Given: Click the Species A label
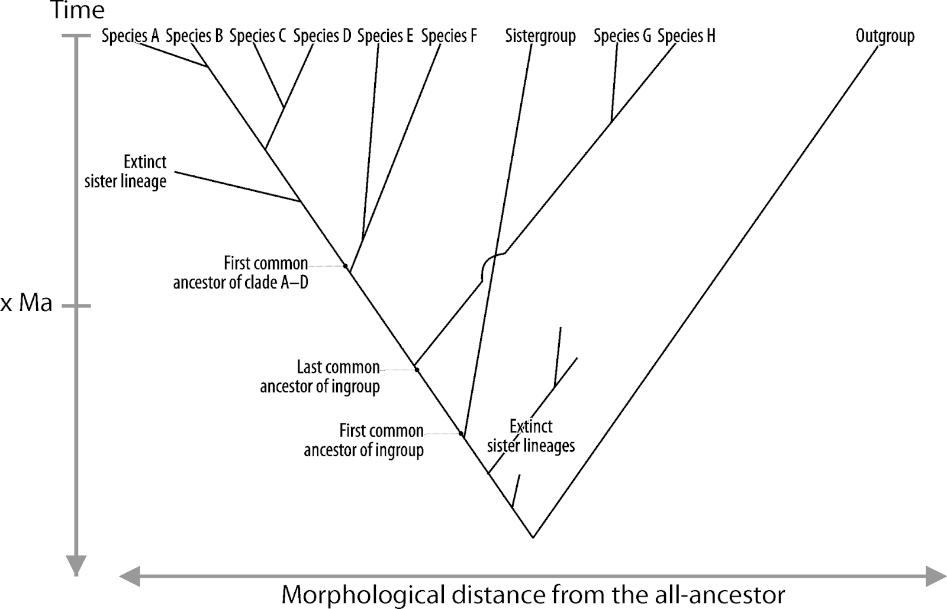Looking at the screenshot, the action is coord(130,36).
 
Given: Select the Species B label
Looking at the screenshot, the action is coord(194,36).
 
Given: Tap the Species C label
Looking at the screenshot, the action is coord(257,36).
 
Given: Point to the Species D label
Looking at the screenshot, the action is coord(322,36).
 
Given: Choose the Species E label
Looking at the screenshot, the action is coord(385,36).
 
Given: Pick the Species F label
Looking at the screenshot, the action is coord(449,36).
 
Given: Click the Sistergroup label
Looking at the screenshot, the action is coord(540,36).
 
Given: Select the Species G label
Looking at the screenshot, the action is coord(622,36).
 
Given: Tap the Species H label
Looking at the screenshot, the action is coord(686,36).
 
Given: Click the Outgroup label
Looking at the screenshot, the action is coord(885,36).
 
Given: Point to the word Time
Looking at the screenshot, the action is coord(77,10).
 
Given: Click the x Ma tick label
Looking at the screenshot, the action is coord(27,303).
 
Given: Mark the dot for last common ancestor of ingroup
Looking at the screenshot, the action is coord(417,370).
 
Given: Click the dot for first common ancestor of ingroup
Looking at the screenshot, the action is coord(461,434).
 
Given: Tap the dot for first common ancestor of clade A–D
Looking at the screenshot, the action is coord(346,266).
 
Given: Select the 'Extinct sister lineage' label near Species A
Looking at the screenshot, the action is coord(125,171).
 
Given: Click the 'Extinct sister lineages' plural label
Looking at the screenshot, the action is coord(531,435).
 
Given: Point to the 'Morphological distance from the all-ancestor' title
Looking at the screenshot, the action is coord(533,594).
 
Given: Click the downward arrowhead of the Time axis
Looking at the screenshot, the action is coord(76,566).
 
